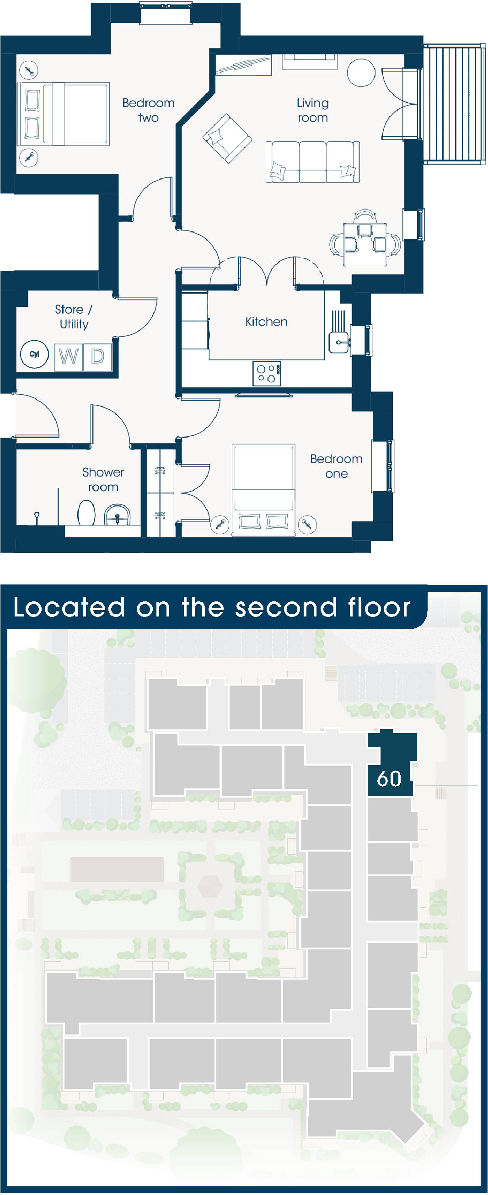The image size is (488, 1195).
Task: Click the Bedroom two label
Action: (x=149, y=110)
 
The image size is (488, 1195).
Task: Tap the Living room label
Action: (x=313, y=110)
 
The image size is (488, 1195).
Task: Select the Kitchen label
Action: (x=266, y=322)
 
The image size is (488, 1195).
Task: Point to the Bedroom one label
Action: (x=336, y=466)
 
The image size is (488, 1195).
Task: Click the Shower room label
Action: (x=103, y=480)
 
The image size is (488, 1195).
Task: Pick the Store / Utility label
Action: (x=74, y=317)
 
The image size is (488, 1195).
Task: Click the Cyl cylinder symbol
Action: (x=34, y=354)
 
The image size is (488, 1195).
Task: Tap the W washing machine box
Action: (x=69, y=357)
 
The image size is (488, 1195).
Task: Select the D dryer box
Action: (x=97, y=357)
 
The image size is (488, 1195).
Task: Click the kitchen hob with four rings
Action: (x=267, y=374)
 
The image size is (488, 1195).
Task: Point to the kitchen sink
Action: (x=338, y=343)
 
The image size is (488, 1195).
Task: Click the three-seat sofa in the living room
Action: (x=313, y=162)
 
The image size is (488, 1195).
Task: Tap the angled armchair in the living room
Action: (x=227, y=138)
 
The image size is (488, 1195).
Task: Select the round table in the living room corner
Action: (x=361, y=72)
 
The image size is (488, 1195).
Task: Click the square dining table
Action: (x=365, y=245)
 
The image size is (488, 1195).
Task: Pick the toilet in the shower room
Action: (x=86, y=513)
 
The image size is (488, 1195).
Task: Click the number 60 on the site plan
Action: (x=389, y=779)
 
